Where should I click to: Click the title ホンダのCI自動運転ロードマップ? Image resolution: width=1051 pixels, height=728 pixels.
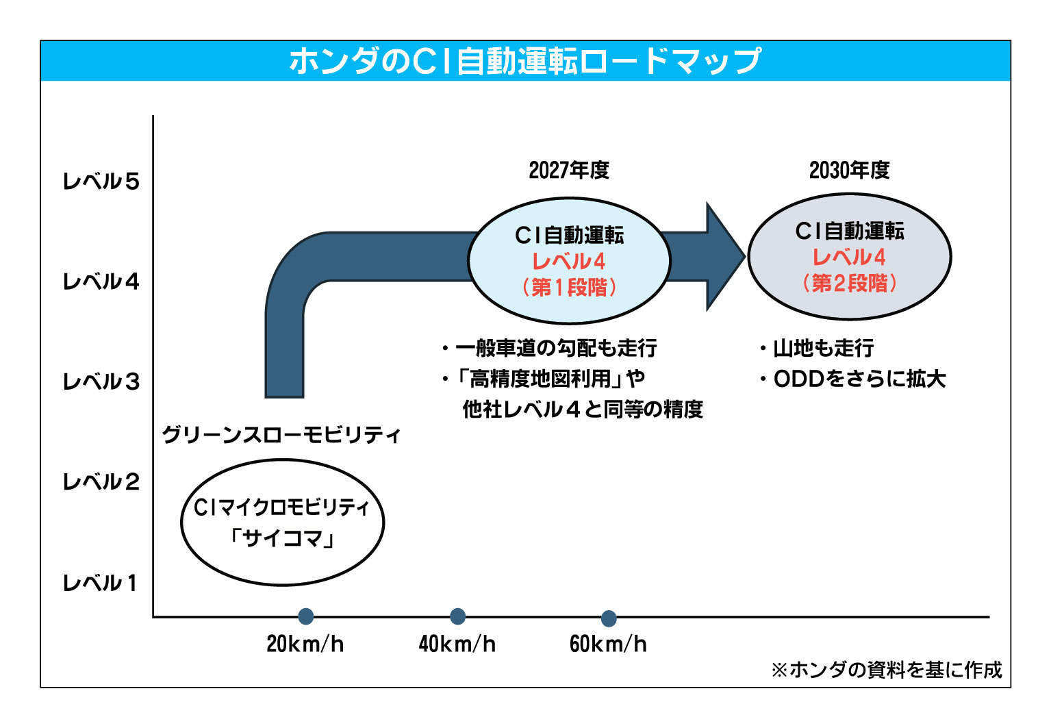pyautogui.click(x=525, y=61)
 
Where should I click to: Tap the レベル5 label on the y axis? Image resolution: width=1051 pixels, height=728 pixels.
pyautogui.click(x=101, y=181)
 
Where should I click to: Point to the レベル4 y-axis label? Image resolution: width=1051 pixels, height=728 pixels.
pyautogui.click(x=101, y=281)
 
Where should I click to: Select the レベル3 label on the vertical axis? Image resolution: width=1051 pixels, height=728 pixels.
pyautogui.click(x=101, y=381)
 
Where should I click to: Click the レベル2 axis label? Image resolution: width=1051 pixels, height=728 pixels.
pyautogui.click(x=101, y=482)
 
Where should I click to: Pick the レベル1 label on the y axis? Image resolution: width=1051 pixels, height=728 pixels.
pyautogui.click(x=101, y=583)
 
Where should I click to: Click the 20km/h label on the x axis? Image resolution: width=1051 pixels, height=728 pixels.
pyautogui.click(x=305, y=644)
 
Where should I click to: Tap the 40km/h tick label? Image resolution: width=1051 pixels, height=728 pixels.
pyautogui.click(x=457, y=644)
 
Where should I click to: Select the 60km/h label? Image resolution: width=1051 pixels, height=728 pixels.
pyautogui.click(x=608, y=644)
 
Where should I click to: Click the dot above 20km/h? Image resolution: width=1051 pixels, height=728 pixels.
pyautogui.click(x=306, y=616)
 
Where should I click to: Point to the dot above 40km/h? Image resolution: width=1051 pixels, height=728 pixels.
pyautogui.click(x=458, y=616)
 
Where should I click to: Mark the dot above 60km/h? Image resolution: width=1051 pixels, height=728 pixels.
pyautogui.click(x=609, y=618)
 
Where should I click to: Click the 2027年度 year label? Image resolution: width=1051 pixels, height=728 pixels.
pyautogui.click(x=569, y=170)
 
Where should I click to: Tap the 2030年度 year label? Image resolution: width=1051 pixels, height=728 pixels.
pyautogui.click(x=849, y=170)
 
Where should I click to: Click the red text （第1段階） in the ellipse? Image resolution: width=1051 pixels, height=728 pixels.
pyautogui.click(x=569, y=287)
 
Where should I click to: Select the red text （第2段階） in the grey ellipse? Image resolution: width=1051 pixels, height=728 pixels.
pyautogui.click(x=849, y=283)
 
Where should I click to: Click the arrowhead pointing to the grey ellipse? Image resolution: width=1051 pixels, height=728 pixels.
pyautogui.click(x=724, y=257)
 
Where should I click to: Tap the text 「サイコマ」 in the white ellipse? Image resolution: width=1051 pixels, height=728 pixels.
pyautogui.click(x=282, y=539)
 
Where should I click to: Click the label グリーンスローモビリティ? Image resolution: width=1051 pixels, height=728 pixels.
pyautogui.click(x=281, y=435)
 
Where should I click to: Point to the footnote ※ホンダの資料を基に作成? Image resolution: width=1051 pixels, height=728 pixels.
pyautogui.click(x=887, y=669)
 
